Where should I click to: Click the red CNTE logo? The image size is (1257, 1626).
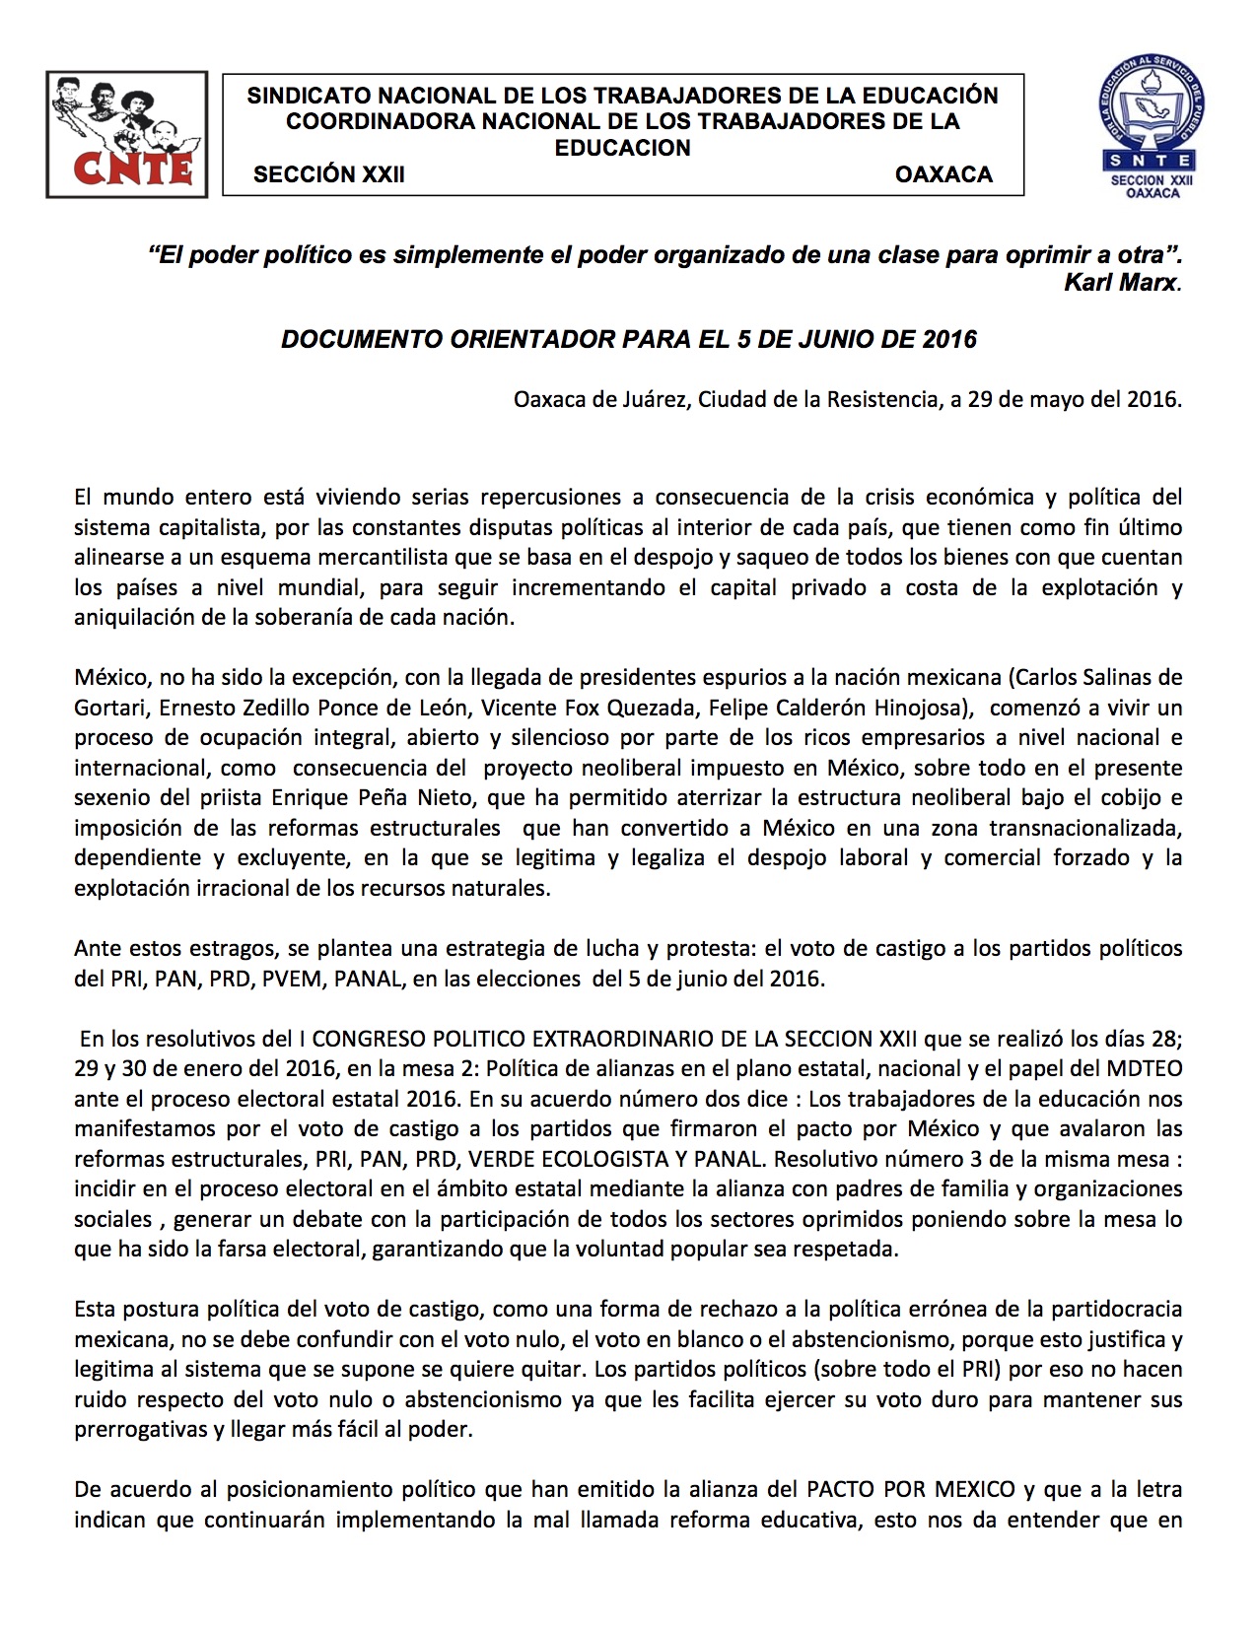coord(126,134)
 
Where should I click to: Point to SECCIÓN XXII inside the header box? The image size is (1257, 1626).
coord(328,174)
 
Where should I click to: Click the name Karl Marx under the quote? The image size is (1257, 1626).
coord(1120,282)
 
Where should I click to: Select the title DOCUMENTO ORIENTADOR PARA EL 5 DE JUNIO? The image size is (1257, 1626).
coord(628,340)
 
